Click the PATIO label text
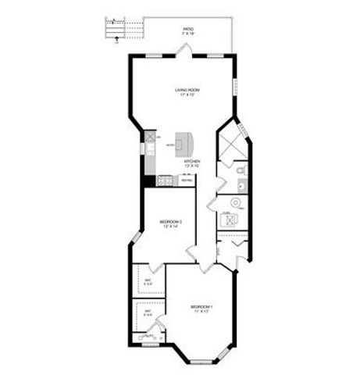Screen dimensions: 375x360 [188, 28]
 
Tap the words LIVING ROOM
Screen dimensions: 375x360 [187, 91]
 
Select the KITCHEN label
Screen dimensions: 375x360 [192, 161]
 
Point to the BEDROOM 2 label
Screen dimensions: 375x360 [170, 222]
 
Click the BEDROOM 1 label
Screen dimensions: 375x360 [201, 306]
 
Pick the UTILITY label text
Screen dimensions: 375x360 [147, 336]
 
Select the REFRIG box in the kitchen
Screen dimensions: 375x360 [187, 180]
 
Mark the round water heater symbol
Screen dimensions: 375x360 [236, 203]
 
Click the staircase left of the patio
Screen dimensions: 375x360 [117, 29]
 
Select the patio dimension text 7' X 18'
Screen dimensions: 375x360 [188, 34]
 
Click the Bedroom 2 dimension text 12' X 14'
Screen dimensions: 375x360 [170, 227]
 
